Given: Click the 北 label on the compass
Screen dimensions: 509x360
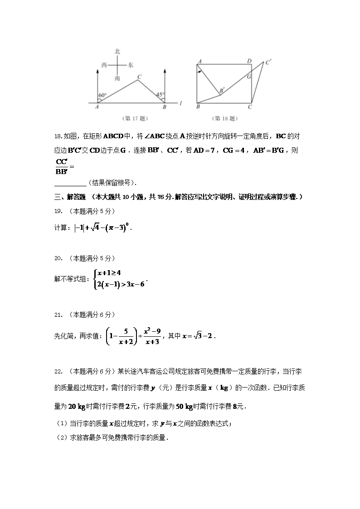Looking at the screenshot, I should pyautogui.click(x=117, y=52).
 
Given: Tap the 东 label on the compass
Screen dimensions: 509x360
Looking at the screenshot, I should pyautogui.click(x=131, y=65).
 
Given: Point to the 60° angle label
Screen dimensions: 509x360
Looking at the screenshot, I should pyautogui.click(x=102, y=96).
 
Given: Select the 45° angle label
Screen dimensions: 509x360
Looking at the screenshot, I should pyautogui.click(x=160, y=95).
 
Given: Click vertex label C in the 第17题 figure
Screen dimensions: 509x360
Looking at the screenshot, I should pyautogui.click(x=140, y=77).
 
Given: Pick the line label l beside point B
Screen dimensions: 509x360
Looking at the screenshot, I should pyautogui.click(x=180, y=104).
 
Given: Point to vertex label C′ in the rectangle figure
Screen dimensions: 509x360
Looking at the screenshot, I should pyautogui.click(x=268, y=63).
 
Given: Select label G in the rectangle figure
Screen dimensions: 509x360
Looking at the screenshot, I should pyautogui.click(x=249, y=77).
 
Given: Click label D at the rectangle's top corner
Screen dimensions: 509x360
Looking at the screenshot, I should pyautogui.click(x=249, y=61).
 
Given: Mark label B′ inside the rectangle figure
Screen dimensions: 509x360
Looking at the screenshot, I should pyautogui.click(x=222, y=91).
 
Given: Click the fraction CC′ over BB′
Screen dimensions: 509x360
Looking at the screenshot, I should pyautogui.click(x=61, y=167).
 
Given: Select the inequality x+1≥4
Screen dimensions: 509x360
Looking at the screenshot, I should pyautogui.click(x=108, y=273).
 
